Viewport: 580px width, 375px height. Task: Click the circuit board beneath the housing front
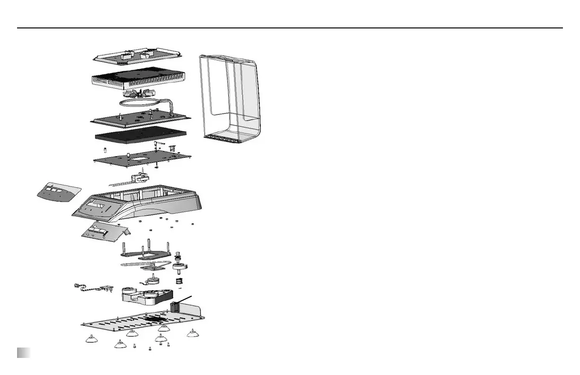103,232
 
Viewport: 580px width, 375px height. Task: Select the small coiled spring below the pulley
180,282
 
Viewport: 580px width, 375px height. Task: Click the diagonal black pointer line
185,301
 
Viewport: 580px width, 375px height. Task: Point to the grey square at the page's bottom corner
24,353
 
